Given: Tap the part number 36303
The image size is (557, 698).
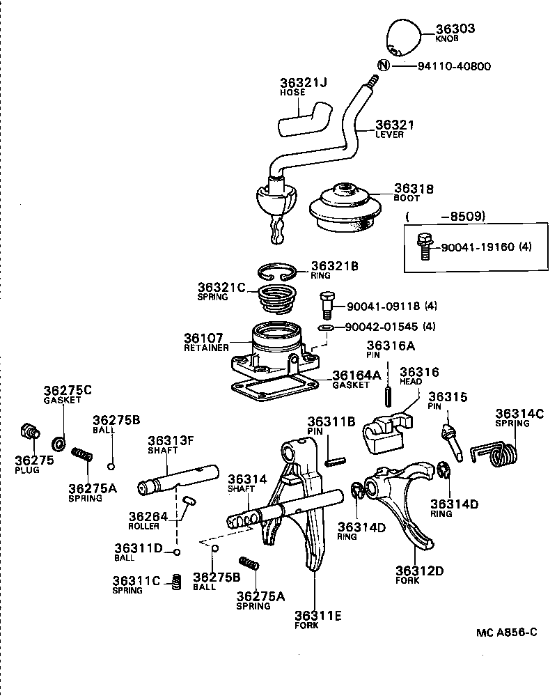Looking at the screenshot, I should pyautogui.click(x=455, y=29).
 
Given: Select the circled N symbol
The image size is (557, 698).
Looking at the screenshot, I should pyautogui.click(x=382, y=65).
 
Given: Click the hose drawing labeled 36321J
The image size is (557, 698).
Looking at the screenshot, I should pyautogui.click(x=304, y=118).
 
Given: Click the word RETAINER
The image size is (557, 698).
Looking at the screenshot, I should pyautogui.click(x=206, y=348).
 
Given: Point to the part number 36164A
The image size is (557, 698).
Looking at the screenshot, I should pyautogui.click(x=356, y=375).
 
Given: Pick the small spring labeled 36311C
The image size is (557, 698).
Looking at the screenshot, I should pyautogui.click(x=176, y=580).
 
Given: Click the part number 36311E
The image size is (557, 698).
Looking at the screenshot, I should pyautogui.click(x=317, y=615).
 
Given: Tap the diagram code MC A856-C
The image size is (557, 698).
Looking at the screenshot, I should pyautogui.click(x=507, y=633).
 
